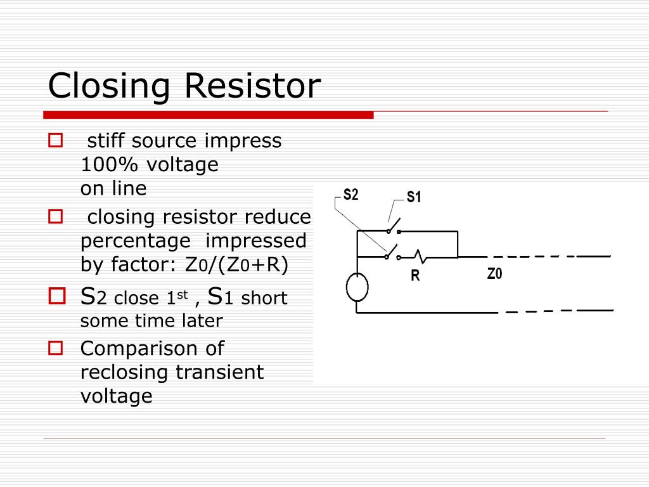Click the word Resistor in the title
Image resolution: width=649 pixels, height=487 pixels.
[x=253, y=86]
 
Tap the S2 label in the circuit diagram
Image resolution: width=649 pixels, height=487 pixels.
[x=350, y=195]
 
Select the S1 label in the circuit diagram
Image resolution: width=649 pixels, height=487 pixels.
[x=414, y=197]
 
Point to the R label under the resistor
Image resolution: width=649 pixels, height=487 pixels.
[x=415, y=276]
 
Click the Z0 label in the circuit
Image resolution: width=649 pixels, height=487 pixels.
[x=494, y=274]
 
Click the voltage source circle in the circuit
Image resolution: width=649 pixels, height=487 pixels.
[x=357, y=287]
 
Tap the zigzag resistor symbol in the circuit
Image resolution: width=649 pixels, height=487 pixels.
[x=421, y=256]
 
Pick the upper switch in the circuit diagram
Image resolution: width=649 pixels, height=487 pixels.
[x=393, y=227]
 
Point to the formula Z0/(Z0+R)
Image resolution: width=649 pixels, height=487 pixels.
[x=236, y=265]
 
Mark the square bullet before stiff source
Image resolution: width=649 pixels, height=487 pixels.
[x=55, y=140]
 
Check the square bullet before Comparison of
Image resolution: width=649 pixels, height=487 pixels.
[x=56, y=348]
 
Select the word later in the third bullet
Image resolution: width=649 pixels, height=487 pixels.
[x=204, y=321]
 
